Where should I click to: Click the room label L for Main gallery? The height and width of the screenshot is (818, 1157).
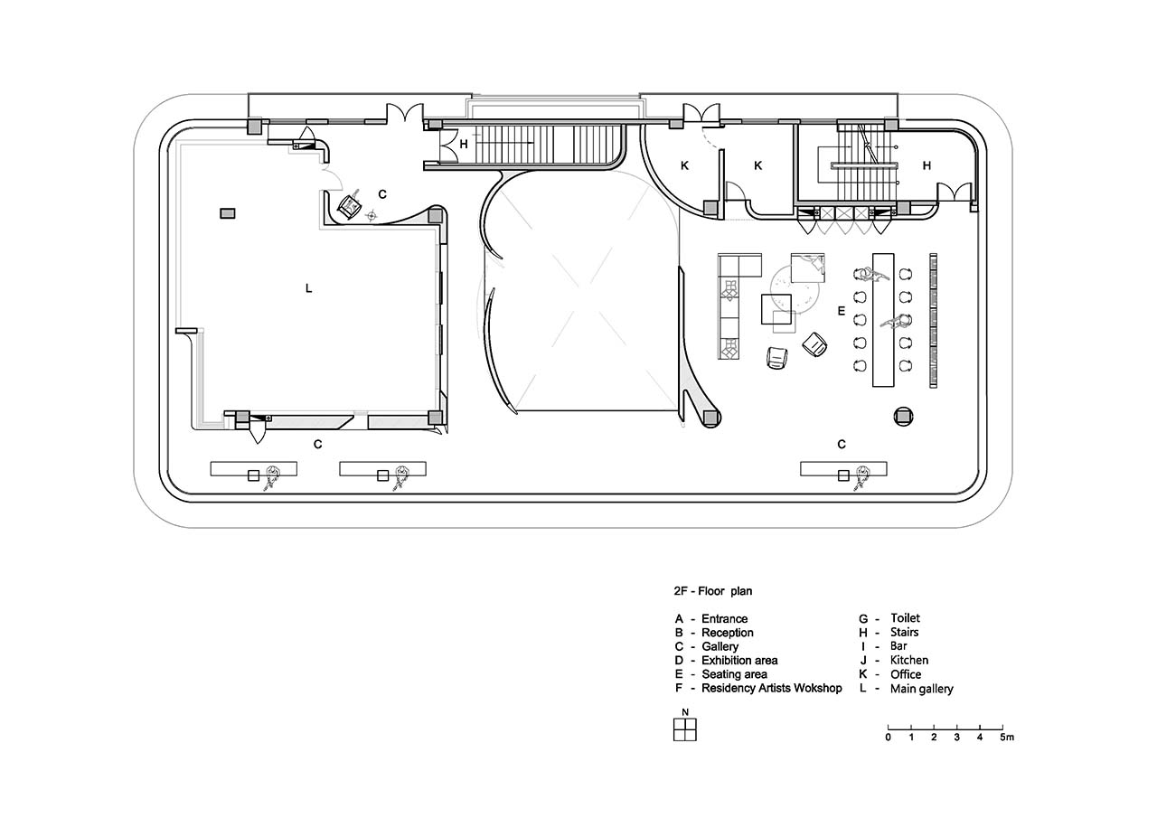(x=309, y=288)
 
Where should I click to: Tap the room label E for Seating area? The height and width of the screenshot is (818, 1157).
(x=842, y=311)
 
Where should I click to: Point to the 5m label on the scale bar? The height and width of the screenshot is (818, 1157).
(x=1007, y=738)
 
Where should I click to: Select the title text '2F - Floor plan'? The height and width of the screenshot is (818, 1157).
(x=713, y=591)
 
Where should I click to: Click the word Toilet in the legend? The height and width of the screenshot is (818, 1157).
(x=905, y=617)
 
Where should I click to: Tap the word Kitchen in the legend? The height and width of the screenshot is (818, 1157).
(x=909, y=660)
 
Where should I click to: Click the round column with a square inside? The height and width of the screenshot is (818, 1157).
(x=903, y=416)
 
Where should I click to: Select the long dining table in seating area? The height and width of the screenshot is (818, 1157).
(x=883, y=320)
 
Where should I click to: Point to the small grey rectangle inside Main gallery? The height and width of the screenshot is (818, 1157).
(x=228, y=213)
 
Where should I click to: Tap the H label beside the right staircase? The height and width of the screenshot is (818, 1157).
(x=927, y=165)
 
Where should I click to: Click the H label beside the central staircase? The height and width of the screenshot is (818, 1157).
(x=464, y=144)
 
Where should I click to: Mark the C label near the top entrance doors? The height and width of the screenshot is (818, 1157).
(x=382, y=194)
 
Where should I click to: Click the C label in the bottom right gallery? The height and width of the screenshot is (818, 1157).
(x=842, y=444)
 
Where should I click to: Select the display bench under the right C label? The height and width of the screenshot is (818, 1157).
(x=843, y=469)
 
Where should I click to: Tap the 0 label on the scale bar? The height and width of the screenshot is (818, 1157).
(x=888, y=738)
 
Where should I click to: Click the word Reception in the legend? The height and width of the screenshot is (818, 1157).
(x=728, y=633)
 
